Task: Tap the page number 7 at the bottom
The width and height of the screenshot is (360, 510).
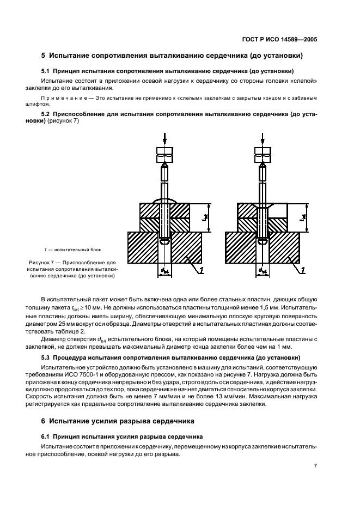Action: [315, 466]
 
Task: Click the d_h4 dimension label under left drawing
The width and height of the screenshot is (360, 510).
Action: [164, 270]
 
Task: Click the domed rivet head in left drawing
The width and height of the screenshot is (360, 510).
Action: [164, 201]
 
